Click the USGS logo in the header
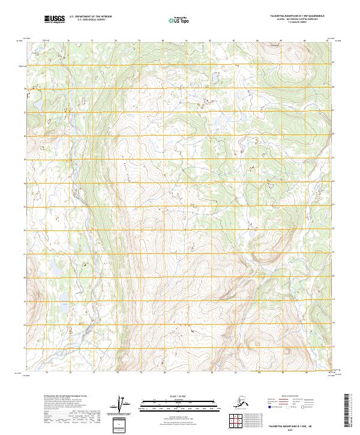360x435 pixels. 55,20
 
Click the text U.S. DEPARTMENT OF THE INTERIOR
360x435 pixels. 91,17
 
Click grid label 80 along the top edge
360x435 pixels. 163,41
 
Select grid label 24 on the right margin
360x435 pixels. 334,207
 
